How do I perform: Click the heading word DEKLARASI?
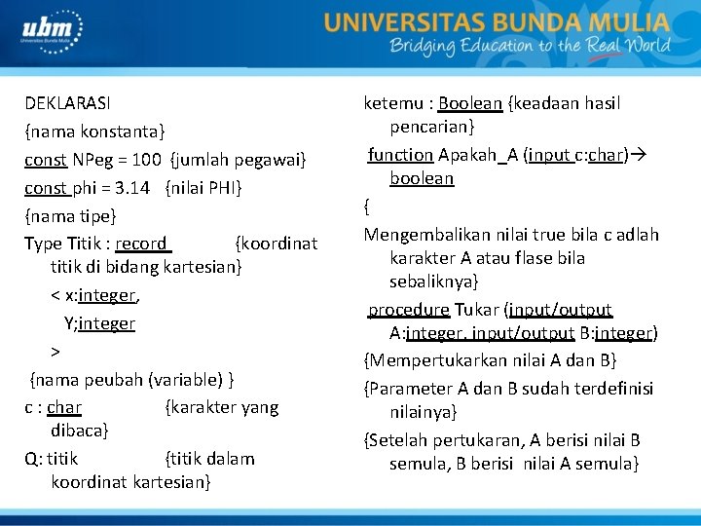pyautogui.click(x=67, y=102)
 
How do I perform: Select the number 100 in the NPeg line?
pyautogui.click(x=146, y=159)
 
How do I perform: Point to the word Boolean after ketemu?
pyautogui.click(x=470, y=103)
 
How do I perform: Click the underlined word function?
pyautogui.click(x=400, y=155)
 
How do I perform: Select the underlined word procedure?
pyautogui.click(x=408, y=310)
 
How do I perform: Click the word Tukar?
pyautogui.click(x=476, y=310)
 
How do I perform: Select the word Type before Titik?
pyautogui.click(x=43, y=244)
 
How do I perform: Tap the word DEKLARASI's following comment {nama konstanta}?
pyautogui.click(x=94, y=131)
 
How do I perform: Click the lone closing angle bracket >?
pyautogui.click(x=55, y=351)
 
